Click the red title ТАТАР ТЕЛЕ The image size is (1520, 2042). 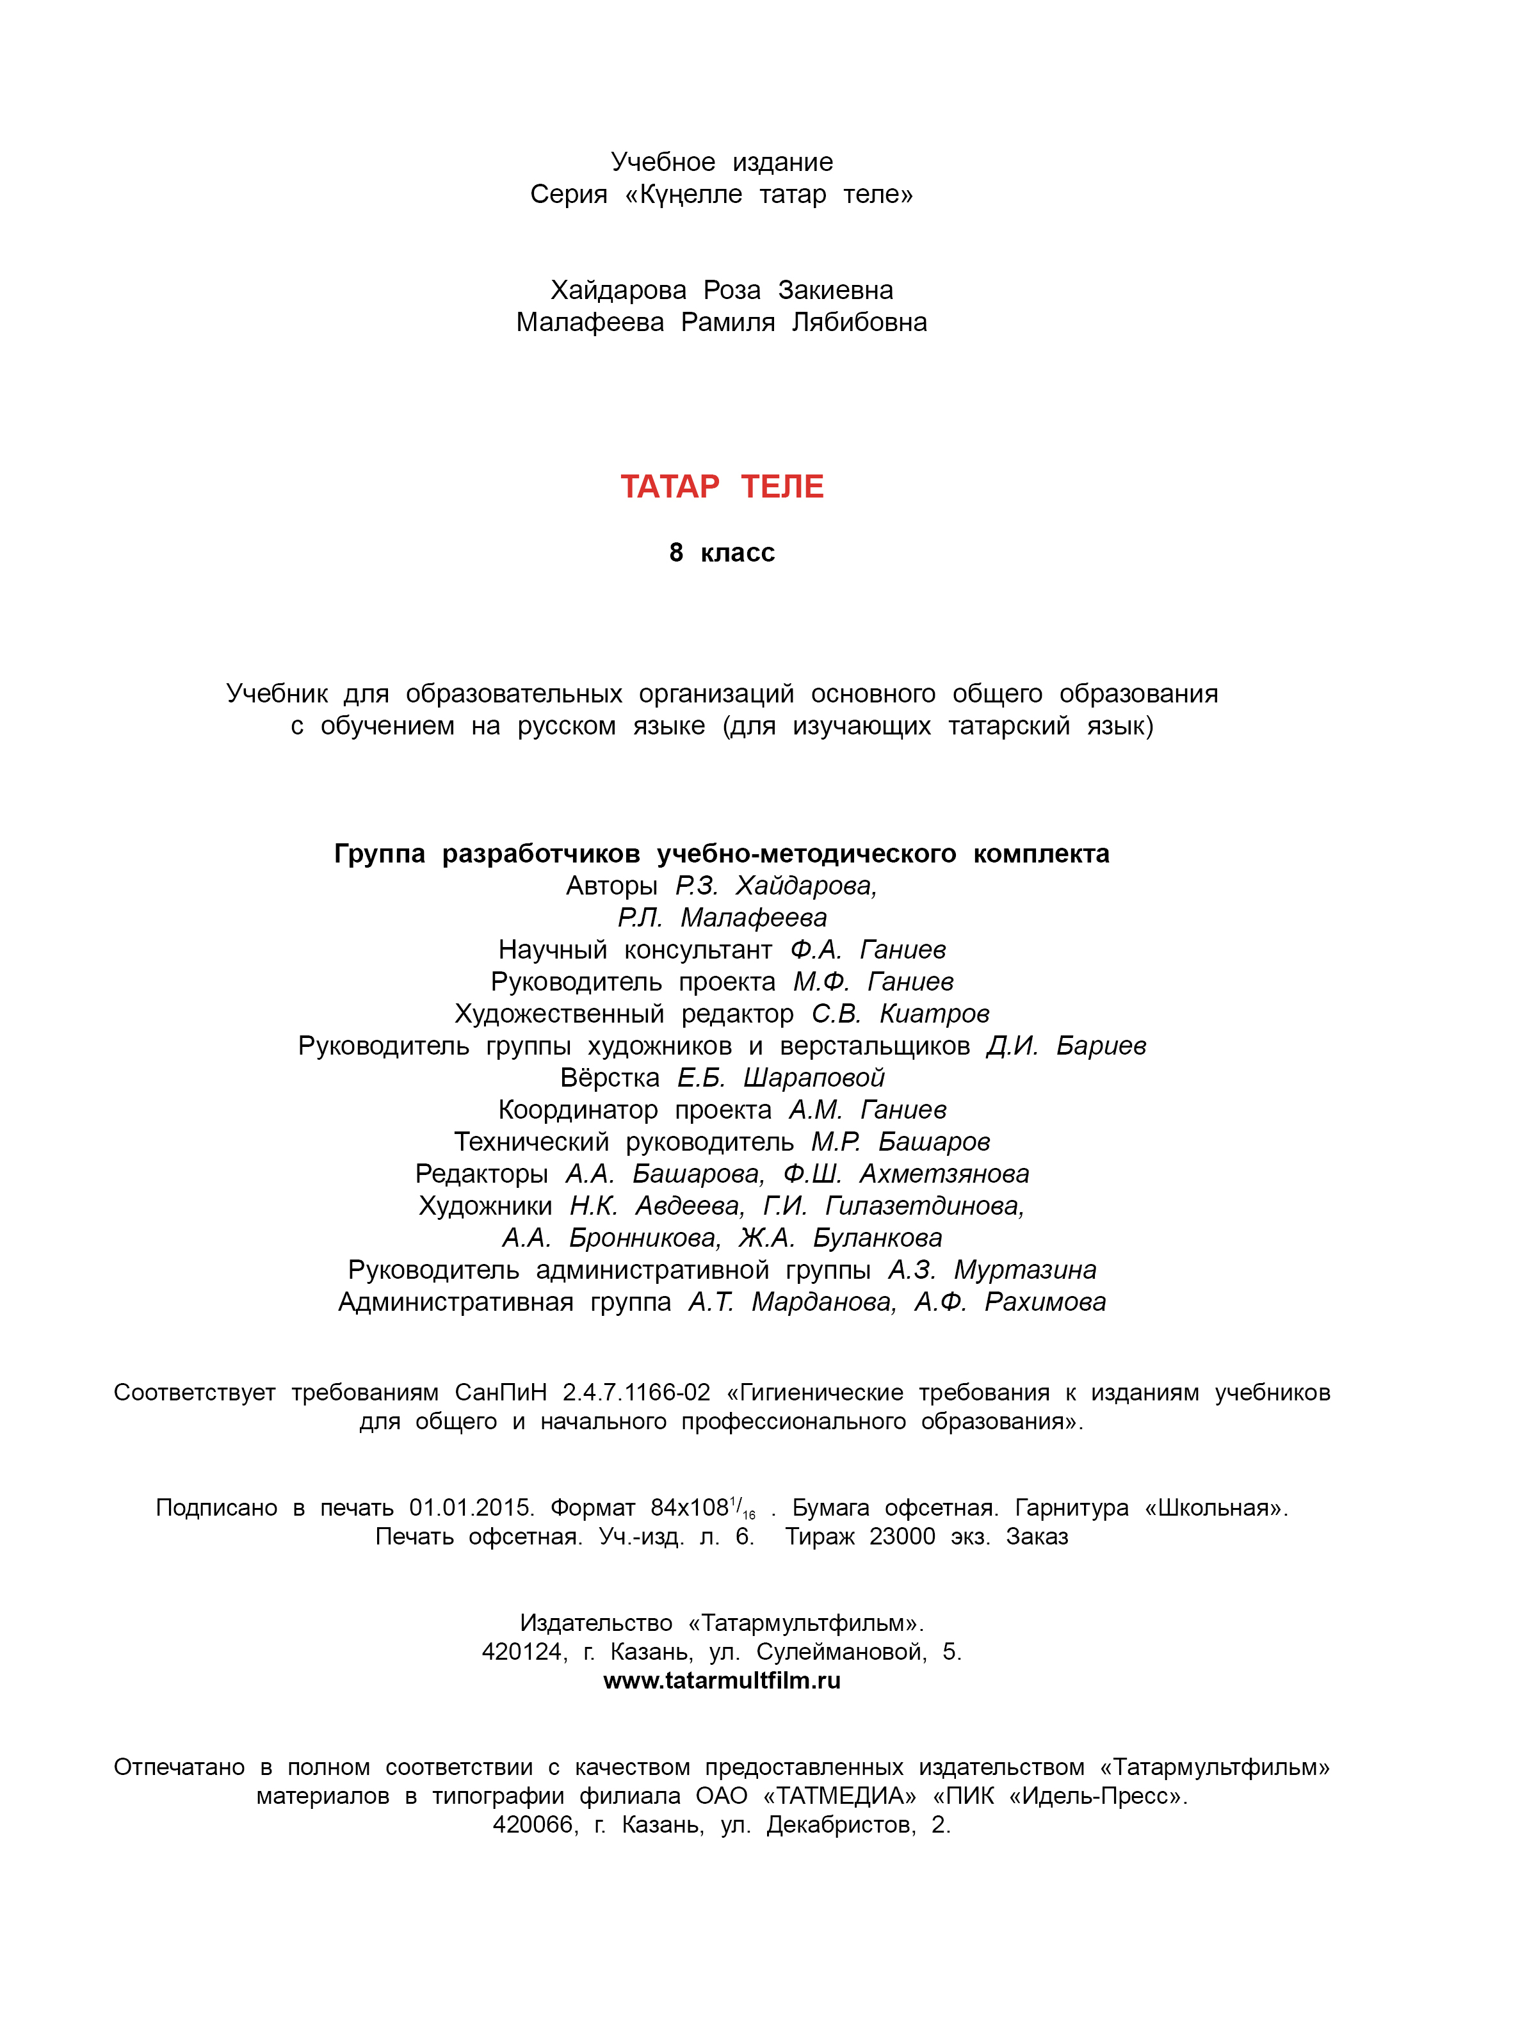[x=722, y=487]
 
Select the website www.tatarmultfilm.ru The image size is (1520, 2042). [x=722, y=1680]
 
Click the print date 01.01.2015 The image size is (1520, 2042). [x=471, y=1507]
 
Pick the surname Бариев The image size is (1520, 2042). [x=1101, y=1046]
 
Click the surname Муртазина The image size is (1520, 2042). [x=1025, y=1270]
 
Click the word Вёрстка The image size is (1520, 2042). [x=610, y=1078]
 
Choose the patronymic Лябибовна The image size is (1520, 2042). [x=859, y=322]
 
